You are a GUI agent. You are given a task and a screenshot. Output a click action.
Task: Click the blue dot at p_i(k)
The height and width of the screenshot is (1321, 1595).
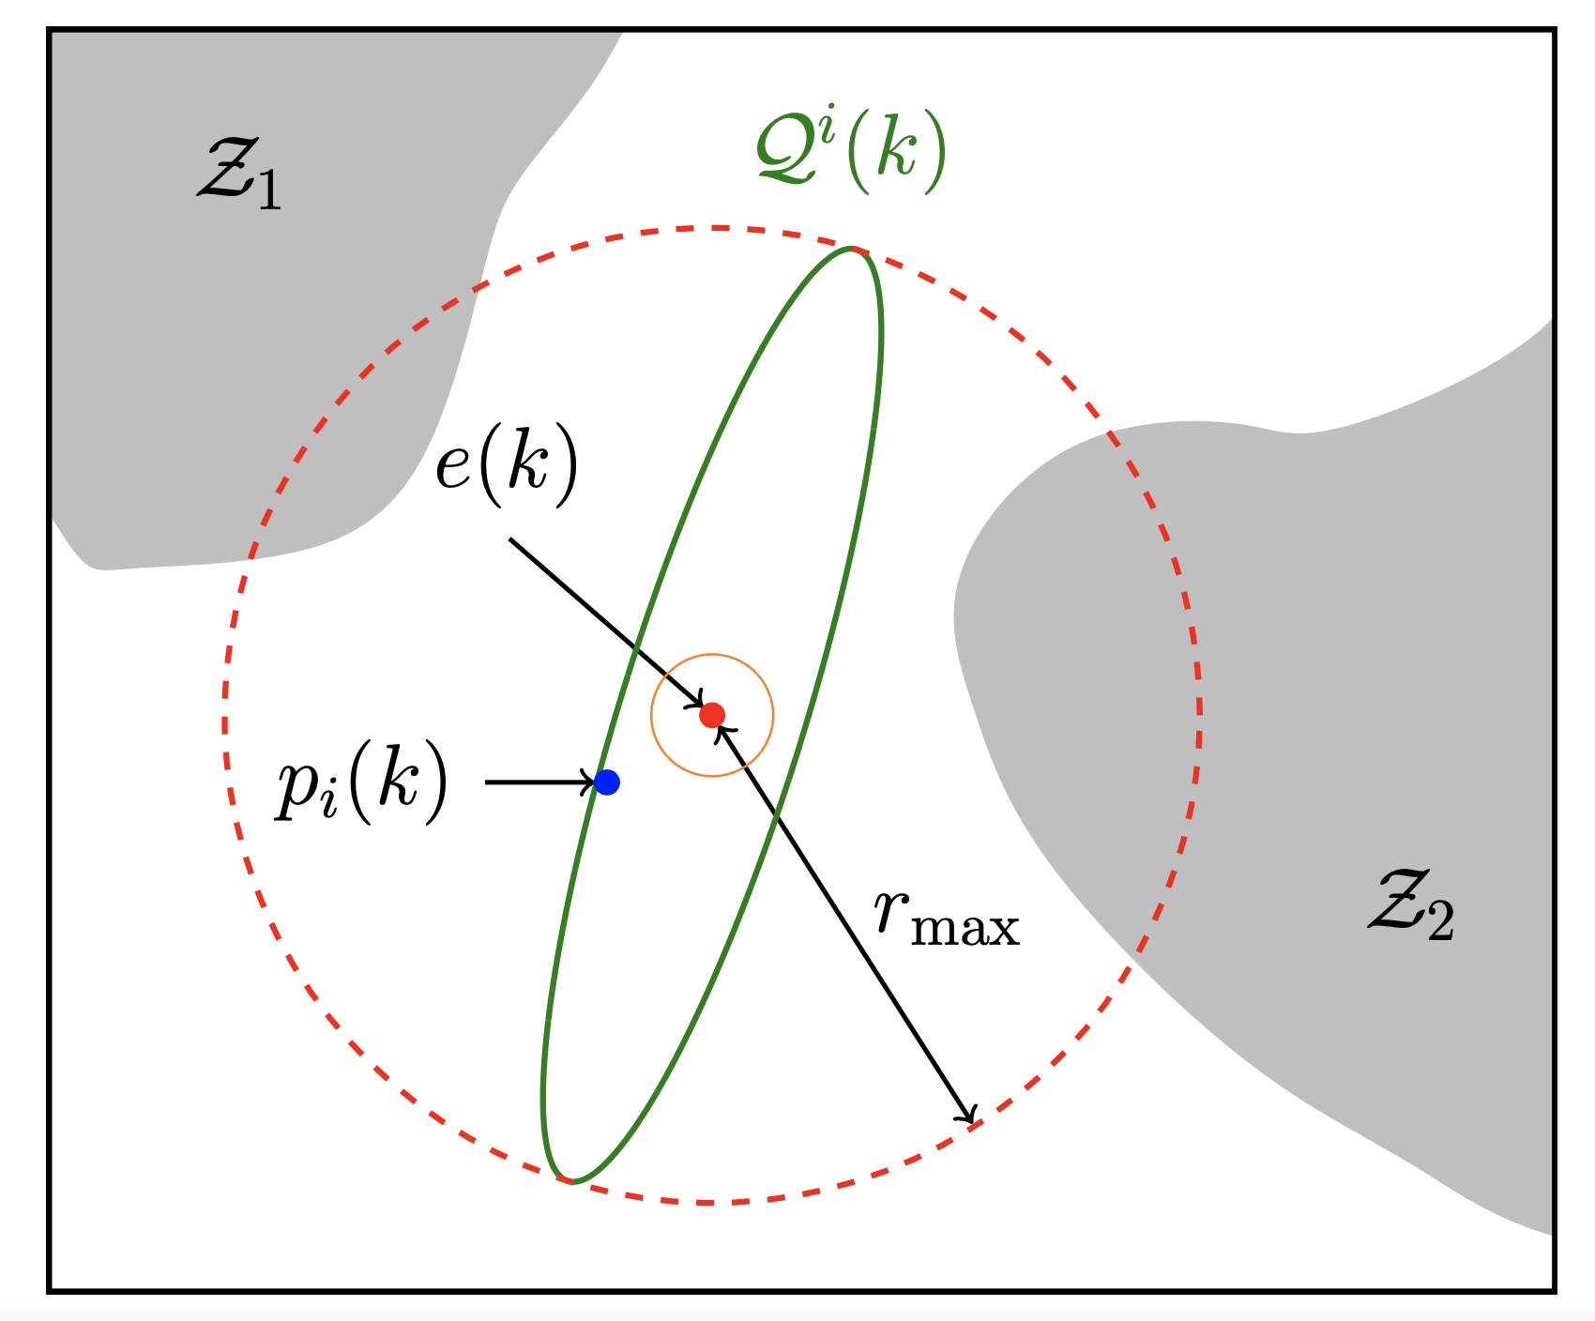point(607,782)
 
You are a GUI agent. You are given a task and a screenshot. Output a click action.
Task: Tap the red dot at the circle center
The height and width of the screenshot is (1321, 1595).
point(712,715)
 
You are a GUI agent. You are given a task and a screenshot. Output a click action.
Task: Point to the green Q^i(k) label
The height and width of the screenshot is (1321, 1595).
point(850,152)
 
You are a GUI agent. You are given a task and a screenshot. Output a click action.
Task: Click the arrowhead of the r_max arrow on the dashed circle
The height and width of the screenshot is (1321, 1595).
point(972,1116)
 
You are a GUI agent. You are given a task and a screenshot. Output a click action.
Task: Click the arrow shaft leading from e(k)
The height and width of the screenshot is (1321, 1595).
point(600,619)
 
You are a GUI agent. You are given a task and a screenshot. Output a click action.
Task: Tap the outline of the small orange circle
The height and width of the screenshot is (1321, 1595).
point(772,715)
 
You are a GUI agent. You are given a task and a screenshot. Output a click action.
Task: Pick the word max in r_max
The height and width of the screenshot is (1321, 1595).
point(966,929)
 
